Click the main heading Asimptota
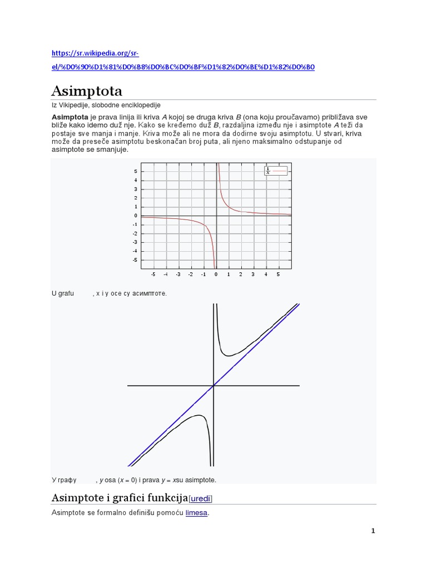[x=87, y=91]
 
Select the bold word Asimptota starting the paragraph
[x=69, y=117]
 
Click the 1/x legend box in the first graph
[x=276, y=171]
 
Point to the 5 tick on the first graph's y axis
[x=136, y=171]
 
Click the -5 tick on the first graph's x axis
[x=153, y=274]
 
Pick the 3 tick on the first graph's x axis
[x=254, y=274]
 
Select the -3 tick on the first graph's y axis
[x=135, y=242]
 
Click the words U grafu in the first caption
[x=63, y=293]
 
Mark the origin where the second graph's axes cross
[x=213, y=385]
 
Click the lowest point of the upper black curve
[x=230, y=353]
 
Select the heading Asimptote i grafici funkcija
[x=120, y=497]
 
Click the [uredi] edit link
[x=201, y=497]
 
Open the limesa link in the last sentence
[x=196, y=513]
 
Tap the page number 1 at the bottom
[x=373, y=531]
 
